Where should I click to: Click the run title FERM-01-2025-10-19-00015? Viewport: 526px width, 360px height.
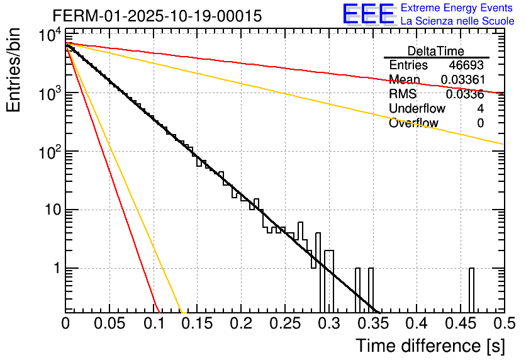click(157, 16)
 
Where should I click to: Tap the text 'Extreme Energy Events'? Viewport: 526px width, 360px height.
click(456, 8)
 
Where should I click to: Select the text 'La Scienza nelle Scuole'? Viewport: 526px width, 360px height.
click(457, 21)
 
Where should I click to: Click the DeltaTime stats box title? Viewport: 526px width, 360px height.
click(435, 51)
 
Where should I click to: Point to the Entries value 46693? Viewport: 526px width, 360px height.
click(466, 65)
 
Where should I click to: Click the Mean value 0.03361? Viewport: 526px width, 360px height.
click(462, 80)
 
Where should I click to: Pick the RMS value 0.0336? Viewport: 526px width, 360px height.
click(464, 94)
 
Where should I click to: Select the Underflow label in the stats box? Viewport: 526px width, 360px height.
click(417, 109)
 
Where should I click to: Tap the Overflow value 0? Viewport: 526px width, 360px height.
click(480, 123)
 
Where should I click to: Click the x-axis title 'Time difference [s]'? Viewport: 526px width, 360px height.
click(429, 346)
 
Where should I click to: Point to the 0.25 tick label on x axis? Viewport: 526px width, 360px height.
click(284, 323)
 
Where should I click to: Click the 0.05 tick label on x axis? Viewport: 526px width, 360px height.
click(109, 323)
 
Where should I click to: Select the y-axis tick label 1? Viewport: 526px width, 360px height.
click(56, 269)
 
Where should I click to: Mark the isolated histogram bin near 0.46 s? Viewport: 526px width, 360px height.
click(471, 290)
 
